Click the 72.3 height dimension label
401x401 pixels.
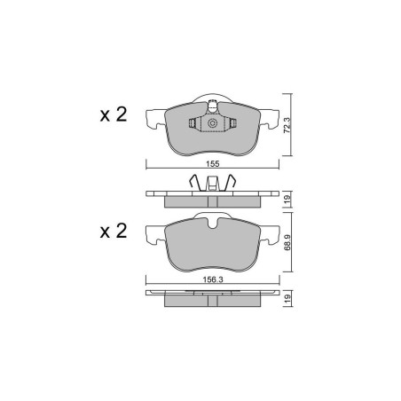point(287,125)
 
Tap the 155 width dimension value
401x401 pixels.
point(213,164)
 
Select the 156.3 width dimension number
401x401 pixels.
point(213,279)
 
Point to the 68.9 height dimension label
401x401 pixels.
point(287,242)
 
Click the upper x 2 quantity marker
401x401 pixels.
point(114,114)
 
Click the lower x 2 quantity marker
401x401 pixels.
point(114,231)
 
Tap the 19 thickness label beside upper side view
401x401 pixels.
point(287,199)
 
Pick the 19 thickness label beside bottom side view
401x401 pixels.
point(287,298)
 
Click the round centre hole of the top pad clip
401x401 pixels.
point(212,123)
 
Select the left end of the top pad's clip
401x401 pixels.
point(192,123)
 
